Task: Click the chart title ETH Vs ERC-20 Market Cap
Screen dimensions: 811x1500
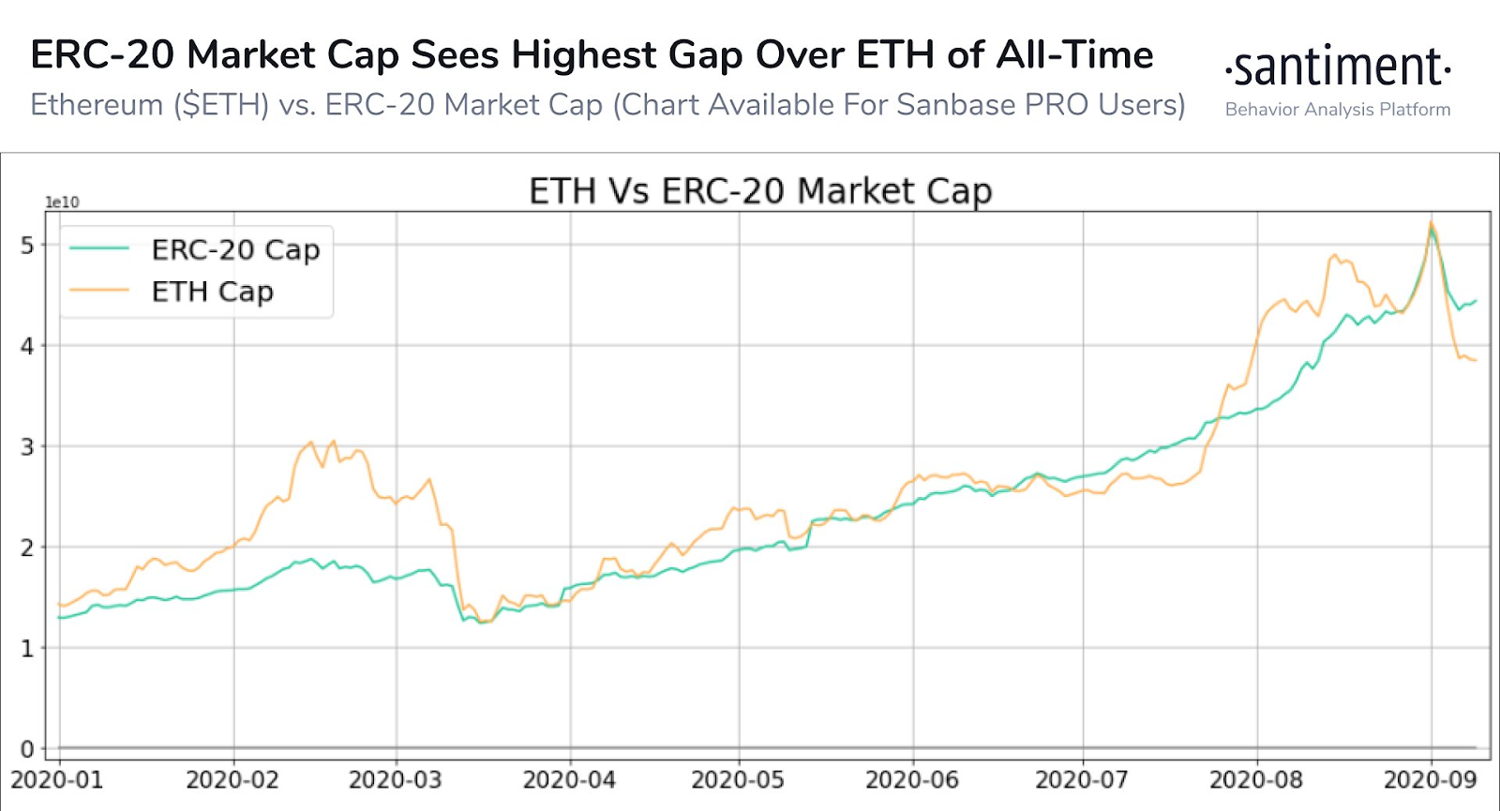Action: click(x=760, y=191)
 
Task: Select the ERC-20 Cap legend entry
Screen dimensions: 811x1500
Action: click(x=235, y=249)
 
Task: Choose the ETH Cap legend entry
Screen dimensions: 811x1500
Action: click(x=212, y=292)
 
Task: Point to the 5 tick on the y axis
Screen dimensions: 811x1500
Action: click(x=27, y=246)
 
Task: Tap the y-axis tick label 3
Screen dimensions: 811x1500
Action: click(x=27, y=447)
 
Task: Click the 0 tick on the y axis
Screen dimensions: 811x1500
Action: click(x=27, y=749)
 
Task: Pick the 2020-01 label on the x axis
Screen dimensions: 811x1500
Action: click(x=57, y=780)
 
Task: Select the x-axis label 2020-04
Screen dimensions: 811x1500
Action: click(x=569, y=780)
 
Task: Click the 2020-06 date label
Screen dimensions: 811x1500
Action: click(x=912, y=780)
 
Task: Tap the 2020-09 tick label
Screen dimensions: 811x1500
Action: click(x=1431, y=780)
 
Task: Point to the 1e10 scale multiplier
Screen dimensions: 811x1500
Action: click(x=63, y=203)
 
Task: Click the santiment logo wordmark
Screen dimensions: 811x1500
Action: click(x=1339, y=68)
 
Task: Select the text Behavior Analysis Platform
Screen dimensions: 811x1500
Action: click(x=1338, y=110)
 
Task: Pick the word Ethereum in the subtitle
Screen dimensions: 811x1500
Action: click(x=97, y=105)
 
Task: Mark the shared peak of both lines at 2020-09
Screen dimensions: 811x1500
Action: click(x=1431, y=225)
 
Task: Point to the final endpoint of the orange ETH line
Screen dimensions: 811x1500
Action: click(x=1476, y=360)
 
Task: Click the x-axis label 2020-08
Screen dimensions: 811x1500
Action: click(x=1256, y=780)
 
